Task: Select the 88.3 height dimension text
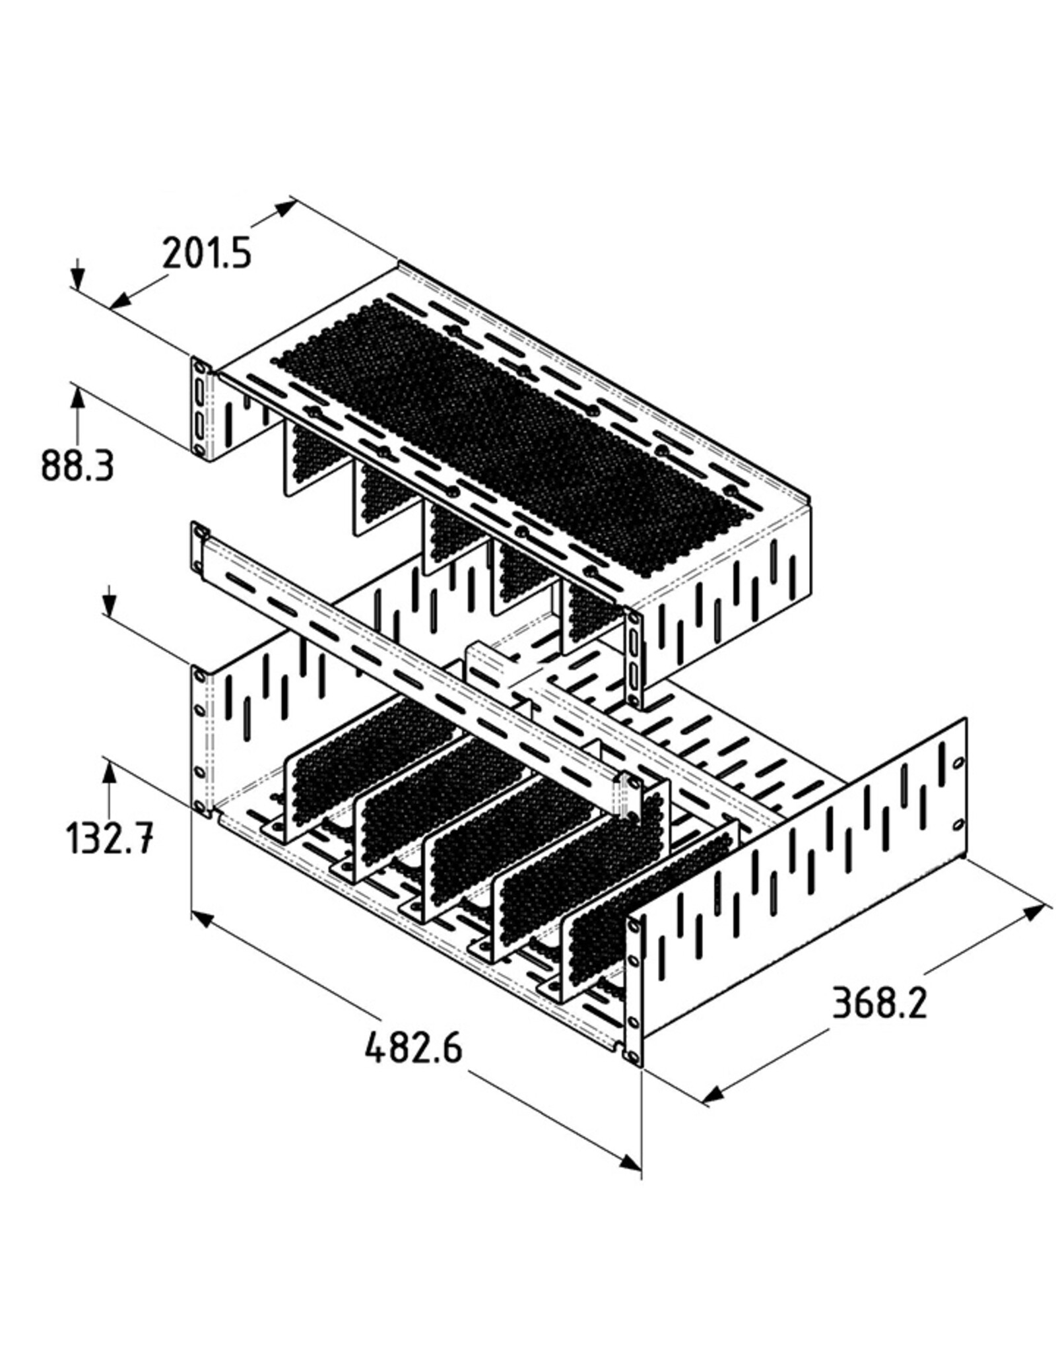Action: (77, 465)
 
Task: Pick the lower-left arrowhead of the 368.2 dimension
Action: (713, 1096)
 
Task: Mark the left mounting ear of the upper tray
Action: (201, 408)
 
